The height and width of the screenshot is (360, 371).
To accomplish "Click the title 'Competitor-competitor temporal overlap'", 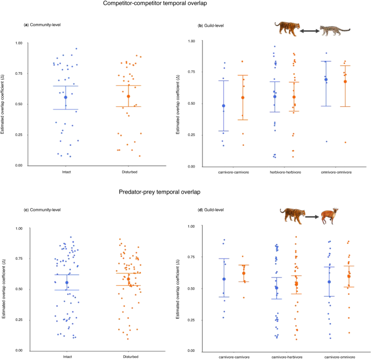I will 186,4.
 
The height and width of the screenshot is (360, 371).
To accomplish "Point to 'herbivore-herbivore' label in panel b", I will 286,173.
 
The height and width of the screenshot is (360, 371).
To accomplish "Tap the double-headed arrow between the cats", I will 310,31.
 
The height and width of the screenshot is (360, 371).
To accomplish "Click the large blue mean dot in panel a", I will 66,98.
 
